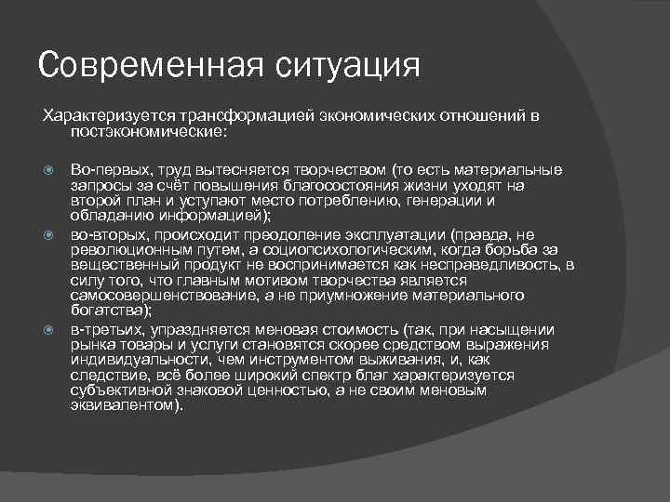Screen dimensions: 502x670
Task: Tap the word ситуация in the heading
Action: pos(344,66)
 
